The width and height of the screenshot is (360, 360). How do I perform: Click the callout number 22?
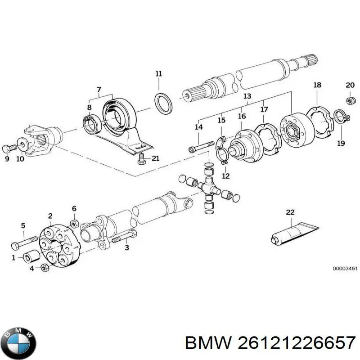click(x=290, y=212)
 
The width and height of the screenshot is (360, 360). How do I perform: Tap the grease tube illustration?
click(x=293, y=233)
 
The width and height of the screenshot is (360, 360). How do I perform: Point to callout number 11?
click(x=158, y=74)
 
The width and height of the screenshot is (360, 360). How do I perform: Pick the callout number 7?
click(x=99, y=89)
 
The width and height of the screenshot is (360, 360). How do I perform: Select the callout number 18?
click(x=317, y=85)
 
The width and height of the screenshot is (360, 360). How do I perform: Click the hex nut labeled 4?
click(x=44, y=268)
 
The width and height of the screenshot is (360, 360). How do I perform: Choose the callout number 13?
click(x=247, y=96)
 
